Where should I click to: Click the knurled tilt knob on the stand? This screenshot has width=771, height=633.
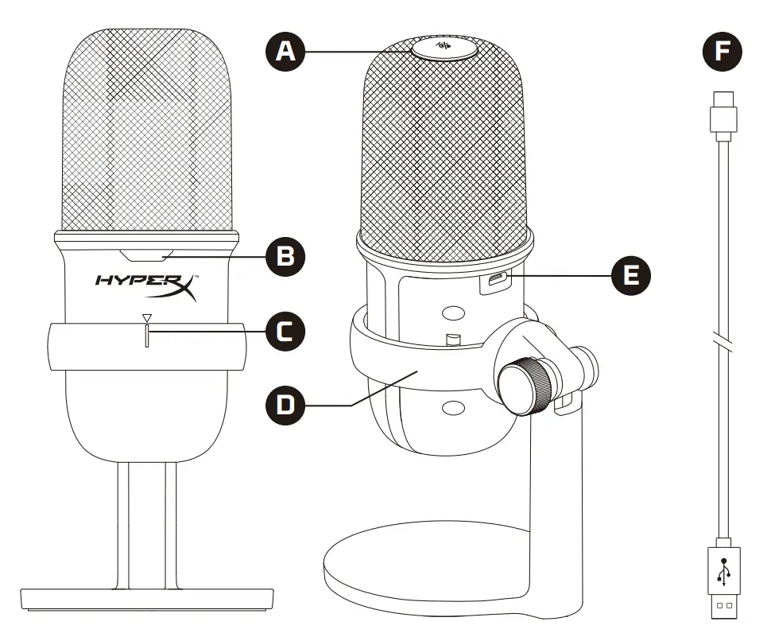(x=525, y=383)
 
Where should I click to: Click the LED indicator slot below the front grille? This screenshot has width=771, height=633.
(x=145, y=255)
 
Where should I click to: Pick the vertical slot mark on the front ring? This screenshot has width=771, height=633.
(x=145, y=337)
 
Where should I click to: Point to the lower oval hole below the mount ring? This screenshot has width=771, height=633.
(x=453, y=407)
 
